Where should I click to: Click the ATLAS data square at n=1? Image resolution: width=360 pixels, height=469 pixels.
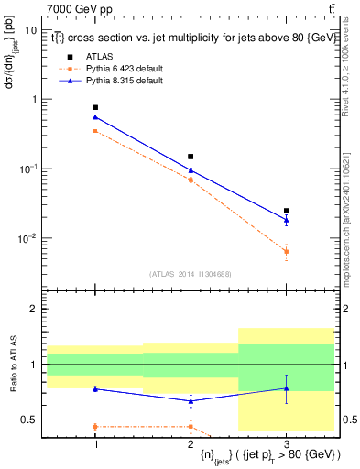(95, 108)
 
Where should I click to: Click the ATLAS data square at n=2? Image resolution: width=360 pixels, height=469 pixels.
(191, 157)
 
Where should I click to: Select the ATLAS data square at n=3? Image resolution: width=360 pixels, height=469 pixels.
(286, 211)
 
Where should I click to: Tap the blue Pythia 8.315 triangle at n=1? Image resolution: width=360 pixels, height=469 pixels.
(95, 117)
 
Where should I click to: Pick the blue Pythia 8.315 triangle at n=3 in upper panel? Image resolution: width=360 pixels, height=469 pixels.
(286, 220)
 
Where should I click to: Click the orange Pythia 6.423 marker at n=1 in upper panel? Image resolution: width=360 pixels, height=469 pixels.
(95, 131)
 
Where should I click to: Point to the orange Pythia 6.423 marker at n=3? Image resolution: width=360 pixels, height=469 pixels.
(286, 251)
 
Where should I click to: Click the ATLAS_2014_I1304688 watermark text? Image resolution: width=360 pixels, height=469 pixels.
(191, 274)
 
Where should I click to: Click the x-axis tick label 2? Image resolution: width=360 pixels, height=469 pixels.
(191, 444)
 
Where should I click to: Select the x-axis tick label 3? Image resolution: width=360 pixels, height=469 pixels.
(286, 444)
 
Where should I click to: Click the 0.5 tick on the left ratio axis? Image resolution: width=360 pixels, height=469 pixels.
(33, 420)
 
